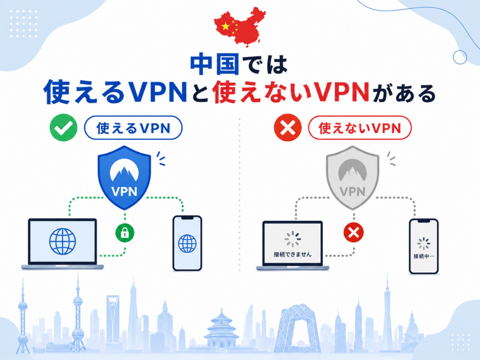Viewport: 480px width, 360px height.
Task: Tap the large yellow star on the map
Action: pyautogui.click(x=225, y=26)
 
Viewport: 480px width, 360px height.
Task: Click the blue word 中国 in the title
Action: pyautogui.click(x=215, y=64)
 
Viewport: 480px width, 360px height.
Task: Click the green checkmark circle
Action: pyautogui.click(x=63, y=127)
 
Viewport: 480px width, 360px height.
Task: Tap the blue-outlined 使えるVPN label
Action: pyautogui.click(x=133, y=128)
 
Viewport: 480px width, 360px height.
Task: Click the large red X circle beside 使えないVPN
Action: pyautogui.click(x=288, y=127)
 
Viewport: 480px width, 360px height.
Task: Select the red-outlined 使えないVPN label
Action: pyautogui.click(x=360, y=128)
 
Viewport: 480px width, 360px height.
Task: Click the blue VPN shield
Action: pyautogui.click(x=124, y=178)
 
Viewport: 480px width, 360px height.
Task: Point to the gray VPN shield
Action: pyautogui.click(x=352, y=178)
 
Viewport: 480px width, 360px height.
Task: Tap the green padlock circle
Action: pyautogui.click(x=125, y=233)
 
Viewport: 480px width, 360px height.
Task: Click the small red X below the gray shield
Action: pyautogui.click(x=354, y=232)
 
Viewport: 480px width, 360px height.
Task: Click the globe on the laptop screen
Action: pyautogui.click(x=62, y=241)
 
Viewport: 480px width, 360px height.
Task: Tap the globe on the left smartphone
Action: pyautogui.click(x=187, y=243)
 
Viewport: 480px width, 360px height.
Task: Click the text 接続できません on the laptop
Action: pyautogui.click(x=292, y=255)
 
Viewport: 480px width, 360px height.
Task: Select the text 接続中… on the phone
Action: pyautogui.click(x=424, y=256)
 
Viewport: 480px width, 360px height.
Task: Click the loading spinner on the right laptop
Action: pyautogui.click(x=292, y=239)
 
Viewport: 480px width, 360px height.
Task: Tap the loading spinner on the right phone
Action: pyautogui.click(x=424, y=243)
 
